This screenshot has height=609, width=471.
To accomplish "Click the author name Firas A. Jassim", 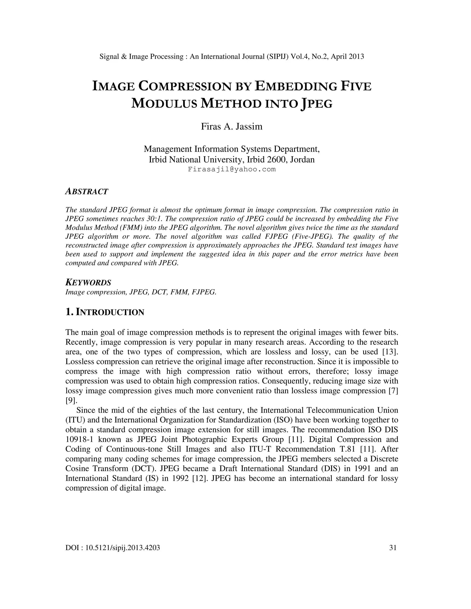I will click(x=232, y=127).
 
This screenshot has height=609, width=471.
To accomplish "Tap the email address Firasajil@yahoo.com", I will click(x=232, y=169).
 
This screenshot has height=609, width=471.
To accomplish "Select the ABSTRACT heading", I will click(x=86, y=192).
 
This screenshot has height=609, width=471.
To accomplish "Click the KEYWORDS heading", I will click(x=88, y=282).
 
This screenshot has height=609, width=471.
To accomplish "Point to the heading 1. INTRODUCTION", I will click(x=105, y=312).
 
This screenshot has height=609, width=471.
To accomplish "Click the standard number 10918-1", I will click(x=79, y=439).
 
